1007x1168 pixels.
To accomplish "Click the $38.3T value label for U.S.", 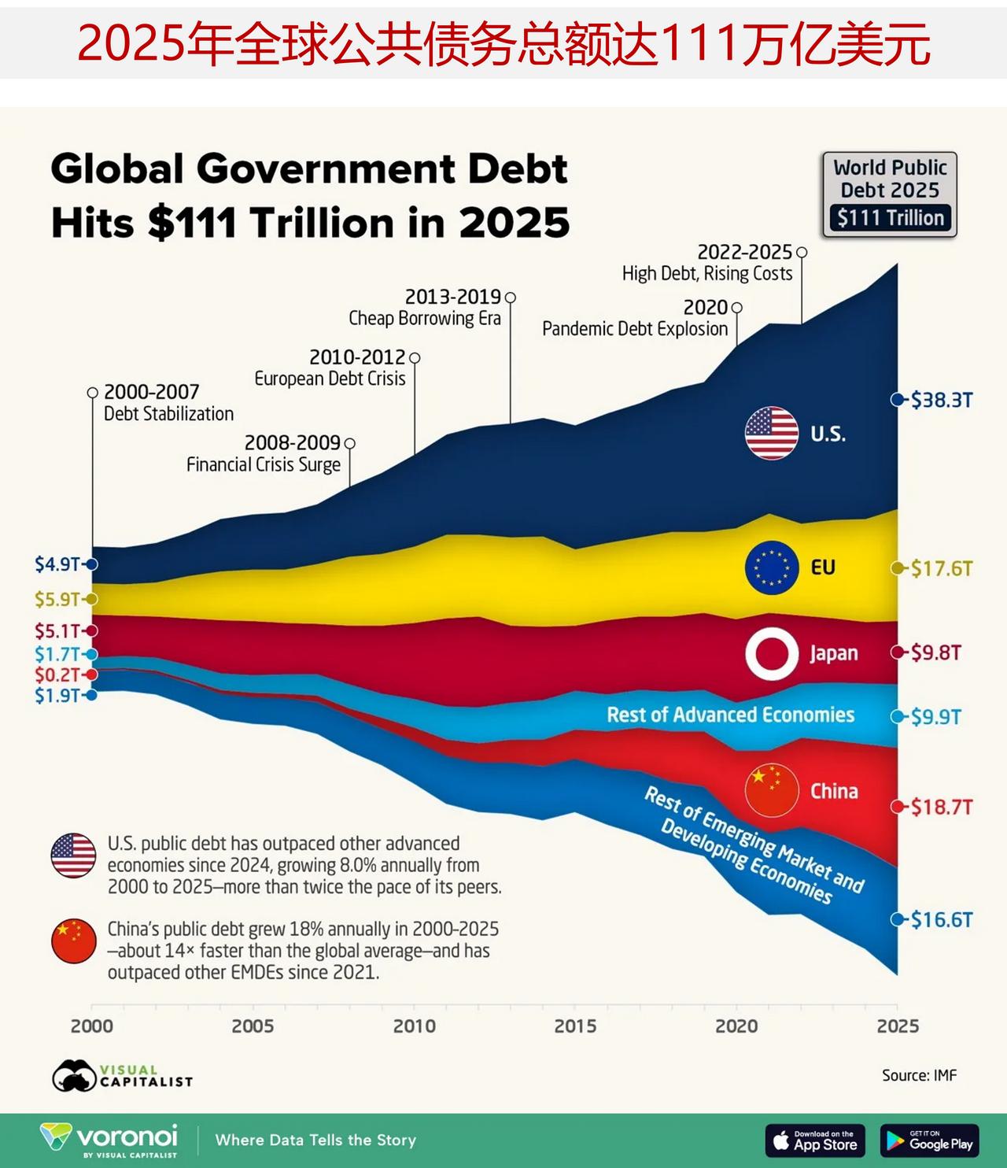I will (941, 400).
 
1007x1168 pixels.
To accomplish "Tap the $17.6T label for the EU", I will (941, 568).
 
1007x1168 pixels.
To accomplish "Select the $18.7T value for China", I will (941, 807).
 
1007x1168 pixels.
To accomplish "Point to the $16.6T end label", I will (941, 919).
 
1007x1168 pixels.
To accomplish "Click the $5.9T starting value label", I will (57, 599).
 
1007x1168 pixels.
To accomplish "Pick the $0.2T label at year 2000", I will (57, 675).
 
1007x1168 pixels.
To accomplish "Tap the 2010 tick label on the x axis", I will (414, 1026).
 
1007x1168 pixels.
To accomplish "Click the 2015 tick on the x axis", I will (575, 1026).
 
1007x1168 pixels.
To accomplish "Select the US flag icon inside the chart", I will (772, 433).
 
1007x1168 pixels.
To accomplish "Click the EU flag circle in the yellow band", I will (772, 567).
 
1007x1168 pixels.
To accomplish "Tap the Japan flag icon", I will (772, 653).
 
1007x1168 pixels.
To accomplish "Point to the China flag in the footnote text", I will (73, 941).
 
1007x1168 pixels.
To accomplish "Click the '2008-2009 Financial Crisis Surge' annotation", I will (264, 454).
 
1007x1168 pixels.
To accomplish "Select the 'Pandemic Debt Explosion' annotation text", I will (635, 328).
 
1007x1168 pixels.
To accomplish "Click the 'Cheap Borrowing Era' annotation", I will (425, 318).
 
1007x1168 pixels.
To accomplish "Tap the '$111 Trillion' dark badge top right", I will (890, 218).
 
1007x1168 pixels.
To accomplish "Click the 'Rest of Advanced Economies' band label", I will (730, 715).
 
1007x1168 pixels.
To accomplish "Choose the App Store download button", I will (815, 1140).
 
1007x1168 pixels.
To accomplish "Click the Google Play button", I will (929, 1140).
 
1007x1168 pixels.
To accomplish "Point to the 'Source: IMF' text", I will (919, 1075).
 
